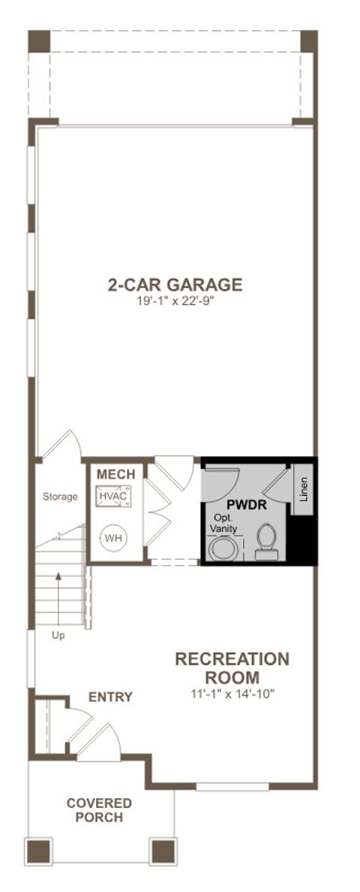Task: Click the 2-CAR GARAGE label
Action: pos(175,285)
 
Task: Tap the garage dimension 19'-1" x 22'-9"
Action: pos(175,302)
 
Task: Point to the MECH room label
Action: pos(115,475)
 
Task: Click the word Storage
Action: pos(60,497)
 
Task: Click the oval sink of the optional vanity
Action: pos(221,548)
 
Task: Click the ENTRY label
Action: pos(110,698)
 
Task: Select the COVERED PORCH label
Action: pos(99,810)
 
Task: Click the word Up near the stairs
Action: pos(58,635)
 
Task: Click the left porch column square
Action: pos(39,851)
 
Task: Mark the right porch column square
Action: pos(162,851)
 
